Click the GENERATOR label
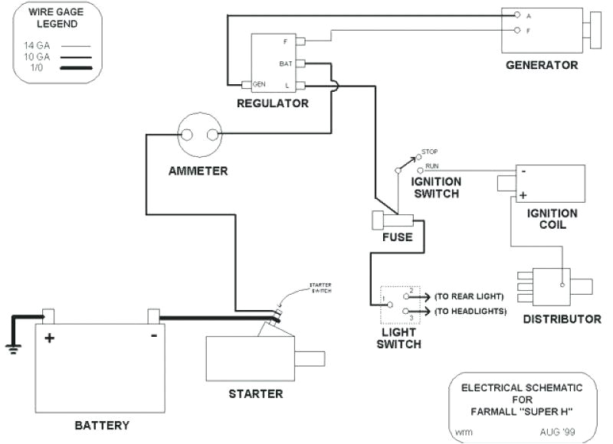tap(542, 65)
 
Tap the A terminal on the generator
tap(518, 15)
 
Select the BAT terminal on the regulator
tap(301, 64)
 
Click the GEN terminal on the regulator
tap(247, 83)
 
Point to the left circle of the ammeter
tap(186, 135)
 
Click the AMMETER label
tap(198, 171)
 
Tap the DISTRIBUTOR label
tap(562, 318)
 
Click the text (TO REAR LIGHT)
tap(468, 296)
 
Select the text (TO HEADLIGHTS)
tap(469, 312)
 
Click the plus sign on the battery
tap(49, 337)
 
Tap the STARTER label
tap(255, 394)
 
